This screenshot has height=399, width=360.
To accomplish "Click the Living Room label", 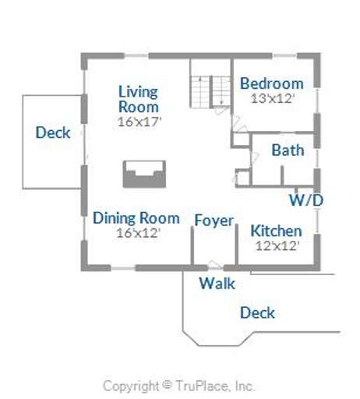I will tap(138, 99).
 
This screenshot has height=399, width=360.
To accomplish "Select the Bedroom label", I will tap(271, 83).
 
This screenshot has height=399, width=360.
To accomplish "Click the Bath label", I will tap(288, 151).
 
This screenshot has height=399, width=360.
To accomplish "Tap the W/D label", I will tap(306, 200).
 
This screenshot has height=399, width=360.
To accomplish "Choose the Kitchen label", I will tap(276, 231).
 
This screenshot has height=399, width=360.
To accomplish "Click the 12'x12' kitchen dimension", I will tap(276, 245).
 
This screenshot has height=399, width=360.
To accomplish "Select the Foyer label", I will tap(214, 221).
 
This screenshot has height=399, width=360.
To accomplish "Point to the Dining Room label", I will tap(136, 218).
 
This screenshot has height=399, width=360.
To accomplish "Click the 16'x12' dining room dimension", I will tap(137, 232).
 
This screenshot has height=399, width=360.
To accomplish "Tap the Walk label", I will tap(217, 284).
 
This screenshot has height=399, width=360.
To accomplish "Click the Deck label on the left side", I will tap(53, 132).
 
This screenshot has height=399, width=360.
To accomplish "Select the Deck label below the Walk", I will tap(257, 312).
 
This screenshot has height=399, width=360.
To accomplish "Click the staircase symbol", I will tap(211, 91).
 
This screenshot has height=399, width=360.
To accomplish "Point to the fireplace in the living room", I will tap(144, 174).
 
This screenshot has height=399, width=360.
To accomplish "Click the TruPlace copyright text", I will tap(179, 386).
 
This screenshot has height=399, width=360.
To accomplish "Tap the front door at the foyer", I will tap(214, 265).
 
